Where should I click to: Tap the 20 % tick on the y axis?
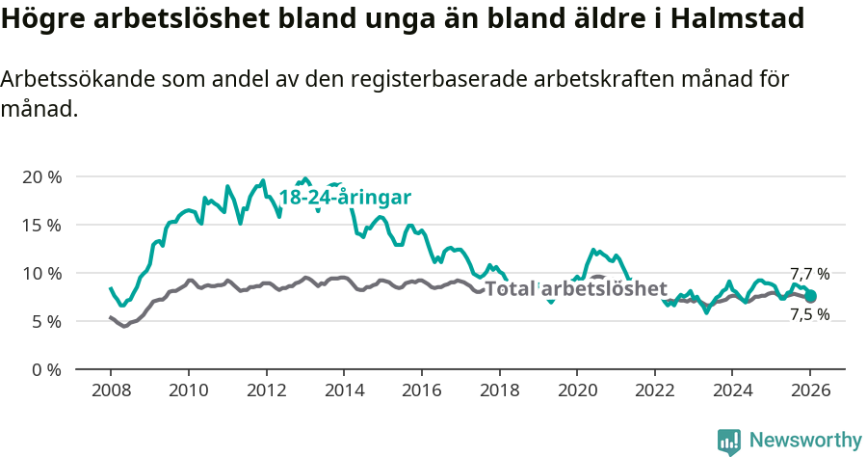[x=40, y=177]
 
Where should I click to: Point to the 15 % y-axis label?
[x=40, y=225]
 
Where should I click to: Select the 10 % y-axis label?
[x=40, y=273]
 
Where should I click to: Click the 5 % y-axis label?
[x=45, y=321]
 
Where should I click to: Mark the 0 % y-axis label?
[x=45, y=369]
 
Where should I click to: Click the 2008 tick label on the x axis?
[x=111, y=392]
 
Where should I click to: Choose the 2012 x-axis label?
[x=266, y=392]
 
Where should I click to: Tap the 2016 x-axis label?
[x=421, y=392]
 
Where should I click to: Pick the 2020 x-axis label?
[x=577, y=392]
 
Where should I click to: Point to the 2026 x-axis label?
[x=810, y=392]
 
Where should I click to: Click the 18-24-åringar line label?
[x=345, y=198]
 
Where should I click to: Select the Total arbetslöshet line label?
[x=576, y=288]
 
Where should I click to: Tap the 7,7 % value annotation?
[x=809, y=274]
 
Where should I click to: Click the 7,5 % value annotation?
[x=809, y=315]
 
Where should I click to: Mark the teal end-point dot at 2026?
[x=811, y=296]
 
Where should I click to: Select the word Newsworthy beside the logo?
[x=805, y=441]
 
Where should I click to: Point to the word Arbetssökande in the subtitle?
[x=66, y=79]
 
